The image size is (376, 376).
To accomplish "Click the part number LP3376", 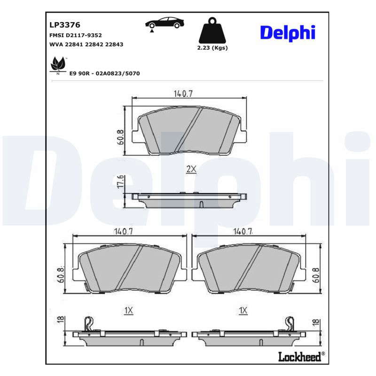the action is [x=65, y=25].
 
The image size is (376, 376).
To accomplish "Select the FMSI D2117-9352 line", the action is [x=76, y=35].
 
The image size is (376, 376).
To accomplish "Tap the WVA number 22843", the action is [x=114, y=44].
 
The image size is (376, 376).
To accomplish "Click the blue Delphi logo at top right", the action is [x=288, y=33].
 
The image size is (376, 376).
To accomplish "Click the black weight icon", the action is [x=212, y=30].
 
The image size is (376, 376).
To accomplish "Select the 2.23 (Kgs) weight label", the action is [x=212, y=48].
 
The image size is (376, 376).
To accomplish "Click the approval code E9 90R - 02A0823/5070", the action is [x=104, y=73].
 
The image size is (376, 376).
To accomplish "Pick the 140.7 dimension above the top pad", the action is [x=183, y=94].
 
